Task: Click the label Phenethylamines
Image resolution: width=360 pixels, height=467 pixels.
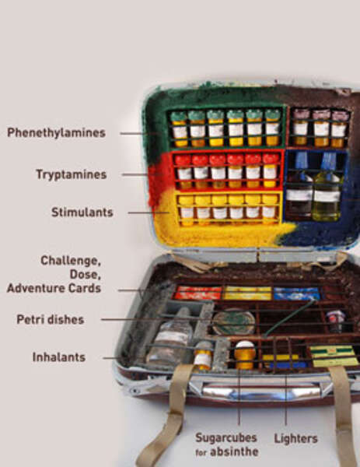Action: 56,133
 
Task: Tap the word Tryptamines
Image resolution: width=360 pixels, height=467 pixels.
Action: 72,174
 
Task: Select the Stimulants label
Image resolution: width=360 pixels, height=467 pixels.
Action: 82,212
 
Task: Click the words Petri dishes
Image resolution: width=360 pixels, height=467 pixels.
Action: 51,320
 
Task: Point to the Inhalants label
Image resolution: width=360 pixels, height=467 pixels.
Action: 59,357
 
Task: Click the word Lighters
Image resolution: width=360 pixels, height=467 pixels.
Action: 295,439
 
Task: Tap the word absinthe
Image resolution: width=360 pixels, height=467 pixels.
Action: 234,451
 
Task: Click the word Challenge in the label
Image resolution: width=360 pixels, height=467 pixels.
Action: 71,261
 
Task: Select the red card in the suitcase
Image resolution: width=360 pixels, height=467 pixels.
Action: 197,293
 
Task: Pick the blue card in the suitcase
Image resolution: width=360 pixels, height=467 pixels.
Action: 296,293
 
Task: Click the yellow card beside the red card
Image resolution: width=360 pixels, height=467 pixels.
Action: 247,293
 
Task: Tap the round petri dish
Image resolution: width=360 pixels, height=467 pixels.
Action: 234,322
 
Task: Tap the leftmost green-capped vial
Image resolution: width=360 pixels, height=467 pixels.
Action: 179,129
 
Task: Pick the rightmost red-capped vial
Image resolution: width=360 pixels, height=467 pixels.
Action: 271,171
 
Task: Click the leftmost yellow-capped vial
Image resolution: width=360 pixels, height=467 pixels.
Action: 187,209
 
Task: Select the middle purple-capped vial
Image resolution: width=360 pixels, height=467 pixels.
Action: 321,128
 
